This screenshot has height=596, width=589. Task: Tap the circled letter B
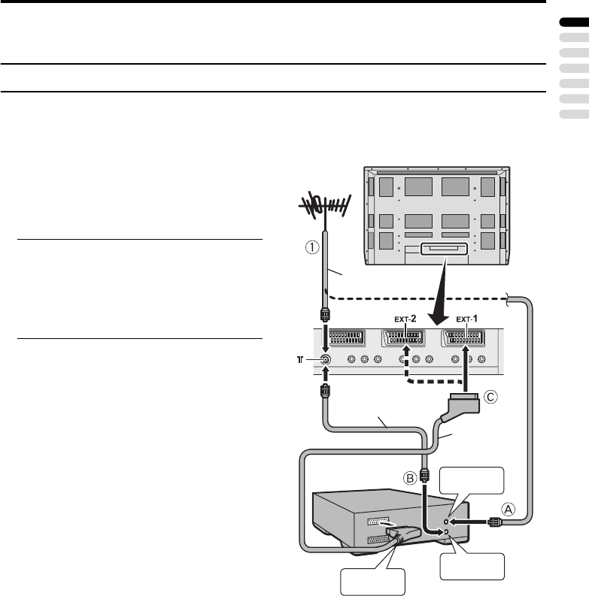410,477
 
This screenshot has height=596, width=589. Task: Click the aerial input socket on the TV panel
325,359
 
